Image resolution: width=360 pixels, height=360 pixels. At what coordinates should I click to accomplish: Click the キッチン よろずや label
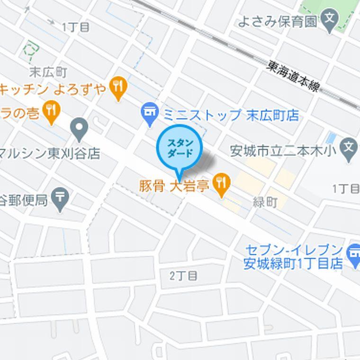[54, 89]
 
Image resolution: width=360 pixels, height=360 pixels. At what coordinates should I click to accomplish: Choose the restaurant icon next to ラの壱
[51, 110]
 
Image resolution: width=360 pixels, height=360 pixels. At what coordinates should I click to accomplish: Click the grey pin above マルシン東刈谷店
[79, 127]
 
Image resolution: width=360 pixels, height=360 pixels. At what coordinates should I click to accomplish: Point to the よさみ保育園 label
[277, 21]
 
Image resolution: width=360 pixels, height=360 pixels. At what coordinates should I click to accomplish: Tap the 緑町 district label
[265, 202]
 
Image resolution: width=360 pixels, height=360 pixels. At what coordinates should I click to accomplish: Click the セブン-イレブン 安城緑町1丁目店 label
[294, 256]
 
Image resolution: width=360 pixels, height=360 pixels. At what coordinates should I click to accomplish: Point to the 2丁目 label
[183, 276]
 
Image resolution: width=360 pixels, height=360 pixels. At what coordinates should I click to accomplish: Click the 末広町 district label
[47, 72]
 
